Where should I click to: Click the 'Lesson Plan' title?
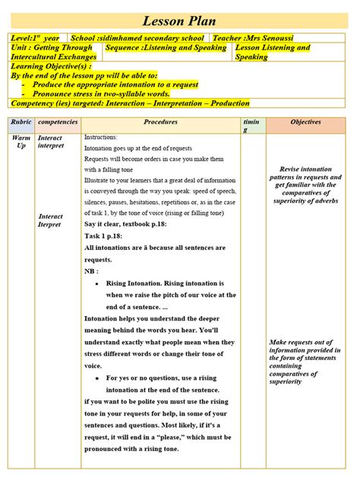(180, 21)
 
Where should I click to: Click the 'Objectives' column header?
(305, 122)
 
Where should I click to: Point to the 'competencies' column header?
(56, 122)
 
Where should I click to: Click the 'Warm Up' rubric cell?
(21, 141)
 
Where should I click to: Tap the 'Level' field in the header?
(35, 38)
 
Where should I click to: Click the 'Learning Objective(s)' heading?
(46, 67)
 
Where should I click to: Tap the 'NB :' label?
(93, 270)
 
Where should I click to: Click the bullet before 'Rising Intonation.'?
(96, 283)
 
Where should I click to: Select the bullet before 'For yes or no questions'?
(96, 377)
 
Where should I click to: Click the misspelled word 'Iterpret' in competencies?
(51, 225)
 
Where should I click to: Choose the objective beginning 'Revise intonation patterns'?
(305, 185)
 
